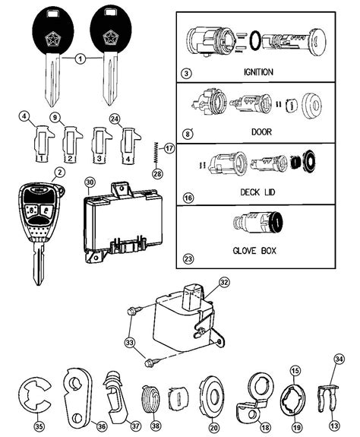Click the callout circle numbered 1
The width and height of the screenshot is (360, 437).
pyautogui.click(x=81, y=59)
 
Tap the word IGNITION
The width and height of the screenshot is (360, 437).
pyautogui.click(x=258, y=72)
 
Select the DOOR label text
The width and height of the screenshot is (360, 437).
pyautogui.click(x=261, y=131)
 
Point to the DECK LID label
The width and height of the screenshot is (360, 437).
pyautogui.click(x=257, y=192)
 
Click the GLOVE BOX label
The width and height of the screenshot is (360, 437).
pyautogui.click(x=254, y=251)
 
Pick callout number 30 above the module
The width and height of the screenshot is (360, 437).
pyautogui.click(x=90, y=183)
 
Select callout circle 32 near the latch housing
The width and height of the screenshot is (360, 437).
pyautogui.click(x=224, y=282)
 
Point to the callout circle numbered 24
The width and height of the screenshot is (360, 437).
pyautogui.click(x=115, y=119)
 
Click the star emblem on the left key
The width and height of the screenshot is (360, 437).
pyautogui.click(x=52, y=39)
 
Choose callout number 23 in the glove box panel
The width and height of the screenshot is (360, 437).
pyautogui.click(x=188, y=259)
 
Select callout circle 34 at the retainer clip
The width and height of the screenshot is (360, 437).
pyautogui.click(x=339, y=359)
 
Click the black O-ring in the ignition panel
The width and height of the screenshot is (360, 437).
pyautogui.click(x=255, y=41)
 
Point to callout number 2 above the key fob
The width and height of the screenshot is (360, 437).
pyautogui.click(x=59, y=173)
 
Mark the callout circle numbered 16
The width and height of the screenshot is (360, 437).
pyautogui.click(x=188, y=198)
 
